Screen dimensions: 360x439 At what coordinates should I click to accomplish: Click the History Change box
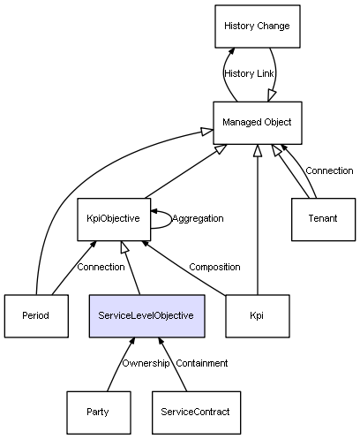click(258, 26)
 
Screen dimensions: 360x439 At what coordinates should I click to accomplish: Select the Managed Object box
click(258, 123)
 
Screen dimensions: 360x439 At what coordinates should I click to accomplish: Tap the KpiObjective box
click(114, 219)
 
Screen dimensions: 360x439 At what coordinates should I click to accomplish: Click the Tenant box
click(323, 219)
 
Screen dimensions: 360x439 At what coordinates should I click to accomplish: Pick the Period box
click(36, 316)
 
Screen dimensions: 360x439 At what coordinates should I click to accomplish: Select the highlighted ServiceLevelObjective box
click(146, 316)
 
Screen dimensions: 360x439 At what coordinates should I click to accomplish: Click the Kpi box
click(258, 316)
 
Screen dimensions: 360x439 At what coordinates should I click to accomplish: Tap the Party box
click(99, 413)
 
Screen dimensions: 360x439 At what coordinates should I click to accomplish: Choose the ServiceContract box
click(196, 413)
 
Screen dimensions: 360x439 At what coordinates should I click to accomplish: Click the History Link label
click(249, 73)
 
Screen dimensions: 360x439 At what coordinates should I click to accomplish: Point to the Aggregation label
click(198, 218)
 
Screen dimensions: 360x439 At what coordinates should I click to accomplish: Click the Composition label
click(214, 267)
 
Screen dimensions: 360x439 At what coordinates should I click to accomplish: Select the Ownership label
click(146, 363)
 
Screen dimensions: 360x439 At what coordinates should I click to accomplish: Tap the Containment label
click(202, 363)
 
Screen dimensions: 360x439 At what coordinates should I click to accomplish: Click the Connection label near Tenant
click(329, 170)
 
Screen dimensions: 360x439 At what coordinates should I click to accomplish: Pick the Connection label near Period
click(101, 267)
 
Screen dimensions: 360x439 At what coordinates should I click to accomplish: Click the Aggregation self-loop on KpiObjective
click(171, 219)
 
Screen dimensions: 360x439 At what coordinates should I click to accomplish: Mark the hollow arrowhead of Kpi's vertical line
click(258, 150)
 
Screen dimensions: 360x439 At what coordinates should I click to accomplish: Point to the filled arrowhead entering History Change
click(232, 51)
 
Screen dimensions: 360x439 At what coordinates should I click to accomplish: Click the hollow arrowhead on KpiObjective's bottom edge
click(124, 246)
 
